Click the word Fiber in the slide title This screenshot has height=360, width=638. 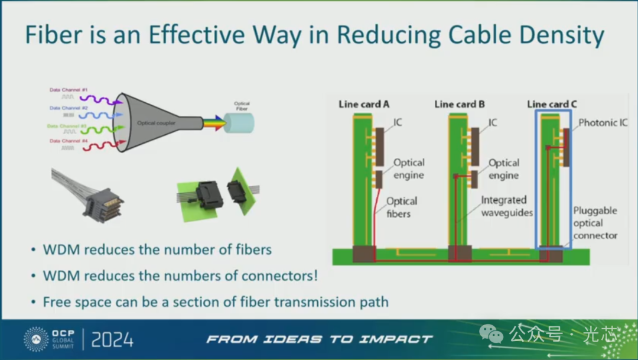tap(54, 35)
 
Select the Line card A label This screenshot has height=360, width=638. tap(364, 105)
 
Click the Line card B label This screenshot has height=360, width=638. tap(460, 105)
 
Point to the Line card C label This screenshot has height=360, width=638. tap(552, 105)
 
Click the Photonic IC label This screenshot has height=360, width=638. tap(603, 123)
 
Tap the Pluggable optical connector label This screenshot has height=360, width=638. tap(595, 223)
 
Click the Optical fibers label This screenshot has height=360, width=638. tap(402, 207)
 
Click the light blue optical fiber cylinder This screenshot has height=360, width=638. tap(242, 123)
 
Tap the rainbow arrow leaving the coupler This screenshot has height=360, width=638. tap(214, 123)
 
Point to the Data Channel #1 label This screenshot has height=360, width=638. tap(65, 90)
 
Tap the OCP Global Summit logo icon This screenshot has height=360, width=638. tap(36, 339)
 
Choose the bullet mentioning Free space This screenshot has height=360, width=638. tap(216, 302)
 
